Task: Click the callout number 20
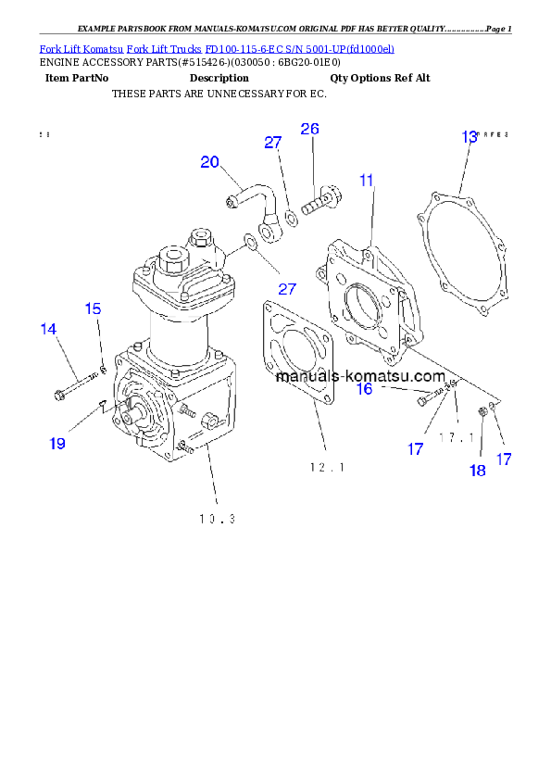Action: [210, 162]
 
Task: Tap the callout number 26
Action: [309, 129]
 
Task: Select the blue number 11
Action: [367, 180]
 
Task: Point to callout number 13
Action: [470, 137]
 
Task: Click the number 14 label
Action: [48, 328]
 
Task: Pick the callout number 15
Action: [94, 308]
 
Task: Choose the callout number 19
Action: [57, 444]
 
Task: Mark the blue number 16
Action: [365, 389]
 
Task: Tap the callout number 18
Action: [477, 471]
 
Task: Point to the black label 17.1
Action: [457, 436]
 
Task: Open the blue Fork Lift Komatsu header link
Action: [217, 48]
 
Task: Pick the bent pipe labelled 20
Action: [252, 197]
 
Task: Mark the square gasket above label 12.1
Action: [297, 353]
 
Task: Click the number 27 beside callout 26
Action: [272, 142]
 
